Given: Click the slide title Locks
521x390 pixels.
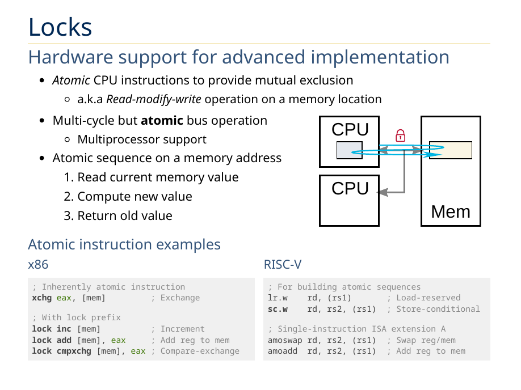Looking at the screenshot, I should [60, 27].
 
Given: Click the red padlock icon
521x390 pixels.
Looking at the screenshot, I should [400, 135].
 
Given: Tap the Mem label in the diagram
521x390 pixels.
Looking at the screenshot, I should [451, 211].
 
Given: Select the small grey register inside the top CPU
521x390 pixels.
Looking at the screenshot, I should [349, 150].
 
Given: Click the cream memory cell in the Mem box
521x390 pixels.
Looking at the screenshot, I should [451, 150].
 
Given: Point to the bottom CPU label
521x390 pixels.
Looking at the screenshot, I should [350, 188].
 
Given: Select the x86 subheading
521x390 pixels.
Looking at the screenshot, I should [39, 264].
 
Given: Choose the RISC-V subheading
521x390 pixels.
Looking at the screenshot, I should [283, 264].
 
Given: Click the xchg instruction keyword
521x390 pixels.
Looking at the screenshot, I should [41, 298].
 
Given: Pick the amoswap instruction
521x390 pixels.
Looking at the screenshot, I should [285, 340].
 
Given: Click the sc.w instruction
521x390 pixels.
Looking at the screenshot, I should [278, 309].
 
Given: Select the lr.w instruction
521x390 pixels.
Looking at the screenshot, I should [278, 298].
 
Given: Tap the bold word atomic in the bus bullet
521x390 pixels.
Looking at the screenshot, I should [162, 121].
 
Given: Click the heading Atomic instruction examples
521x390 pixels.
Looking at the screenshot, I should [124, 244].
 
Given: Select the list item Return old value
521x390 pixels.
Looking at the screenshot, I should [125, 216].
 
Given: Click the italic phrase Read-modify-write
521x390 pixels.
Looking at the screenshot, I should [154, 99].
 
